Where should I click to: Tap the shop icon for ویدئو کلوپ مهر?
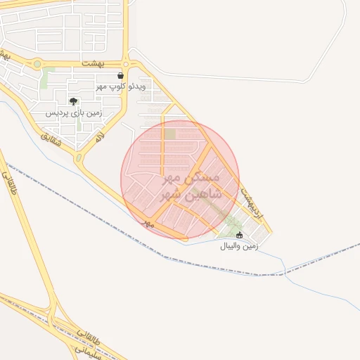coord(121,75)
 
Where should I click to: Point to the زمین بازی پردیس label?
coord(74,112)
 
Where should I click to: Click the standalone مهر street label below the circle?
coord(148,222)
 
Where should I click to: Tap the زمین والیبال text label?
coord(240,247)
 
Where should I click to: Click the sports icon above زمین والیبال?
coord(240,236)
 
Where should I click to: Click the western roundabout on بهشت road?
coord(36,64)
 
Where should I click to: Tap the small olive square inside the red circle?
coord(170,134)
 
